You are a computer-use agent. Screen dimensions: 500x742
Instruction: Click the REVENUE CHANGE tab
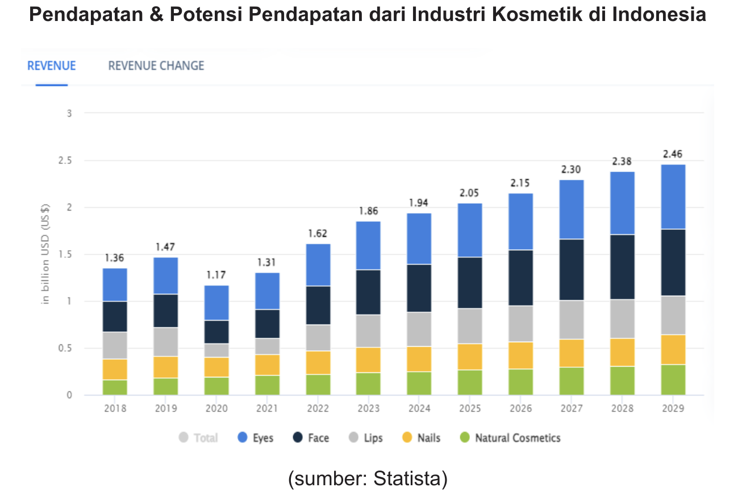(x=156, y=66)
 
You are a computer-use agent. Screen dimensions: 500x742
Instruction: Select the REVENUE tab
(x=51, y=66)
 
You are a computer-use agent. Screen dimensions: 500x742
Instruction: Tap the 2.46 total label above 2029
(x=673, y=154)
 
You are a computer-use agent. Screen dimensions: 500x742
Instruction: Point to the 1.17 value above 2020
(x=216, y=275)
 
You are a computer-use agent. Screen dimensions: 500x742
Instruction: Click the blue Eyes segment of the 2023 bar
(x=368, y=245)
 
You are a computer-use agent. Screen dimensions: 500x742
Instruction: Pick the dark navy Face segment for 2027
(x=572, y=270)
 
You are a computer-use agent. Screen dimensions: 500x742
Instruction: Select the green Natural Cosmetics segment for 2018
(x=115, y=387)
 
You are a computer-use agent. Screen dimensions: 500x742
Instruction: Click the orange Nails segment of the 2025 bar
(x=470, y=356)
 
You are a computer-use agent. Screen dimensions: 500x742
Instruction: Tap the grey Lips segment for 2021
(x=267, y=346)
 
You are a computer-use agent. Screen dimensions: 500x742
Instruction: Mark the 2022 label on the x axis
(x=318, y=409)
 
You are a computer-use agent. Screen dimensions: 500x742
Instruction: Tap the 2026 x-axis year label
(x=520, y=409)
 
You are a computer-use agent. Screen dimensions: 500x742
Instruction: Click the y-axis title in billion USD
(x=47, y=254)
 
